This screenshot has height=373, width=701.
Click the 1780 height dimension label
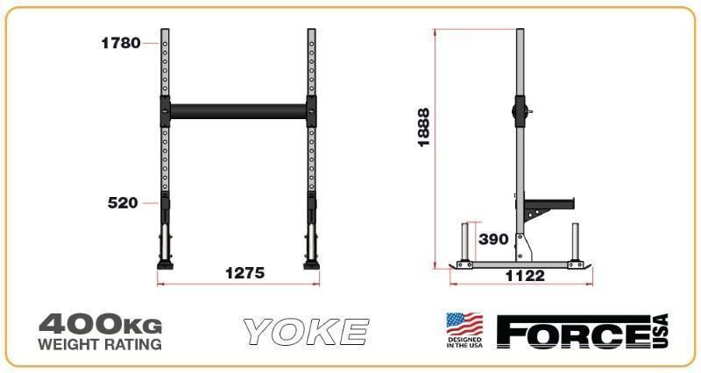click(x=120, y=43)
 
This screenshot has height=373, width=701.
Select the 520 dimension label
click(x=123, y=203)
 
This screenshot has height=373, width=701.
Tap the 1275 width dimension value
click(x=244, y=273)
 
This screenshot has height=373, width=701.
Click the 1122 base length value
click(x=526, y=276)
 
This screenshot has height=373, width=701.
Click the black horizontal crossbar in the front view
click(x=237, y=110)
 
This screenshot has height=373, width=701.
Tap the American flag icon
click(x=464, y=325)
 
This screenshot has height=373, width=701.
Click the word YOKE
click(x=306, y=332)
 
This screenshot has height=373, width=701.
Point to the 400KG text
click(x=100, y=324)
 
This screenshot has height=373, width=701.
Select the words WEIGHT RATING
click(x=100, y=344)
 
